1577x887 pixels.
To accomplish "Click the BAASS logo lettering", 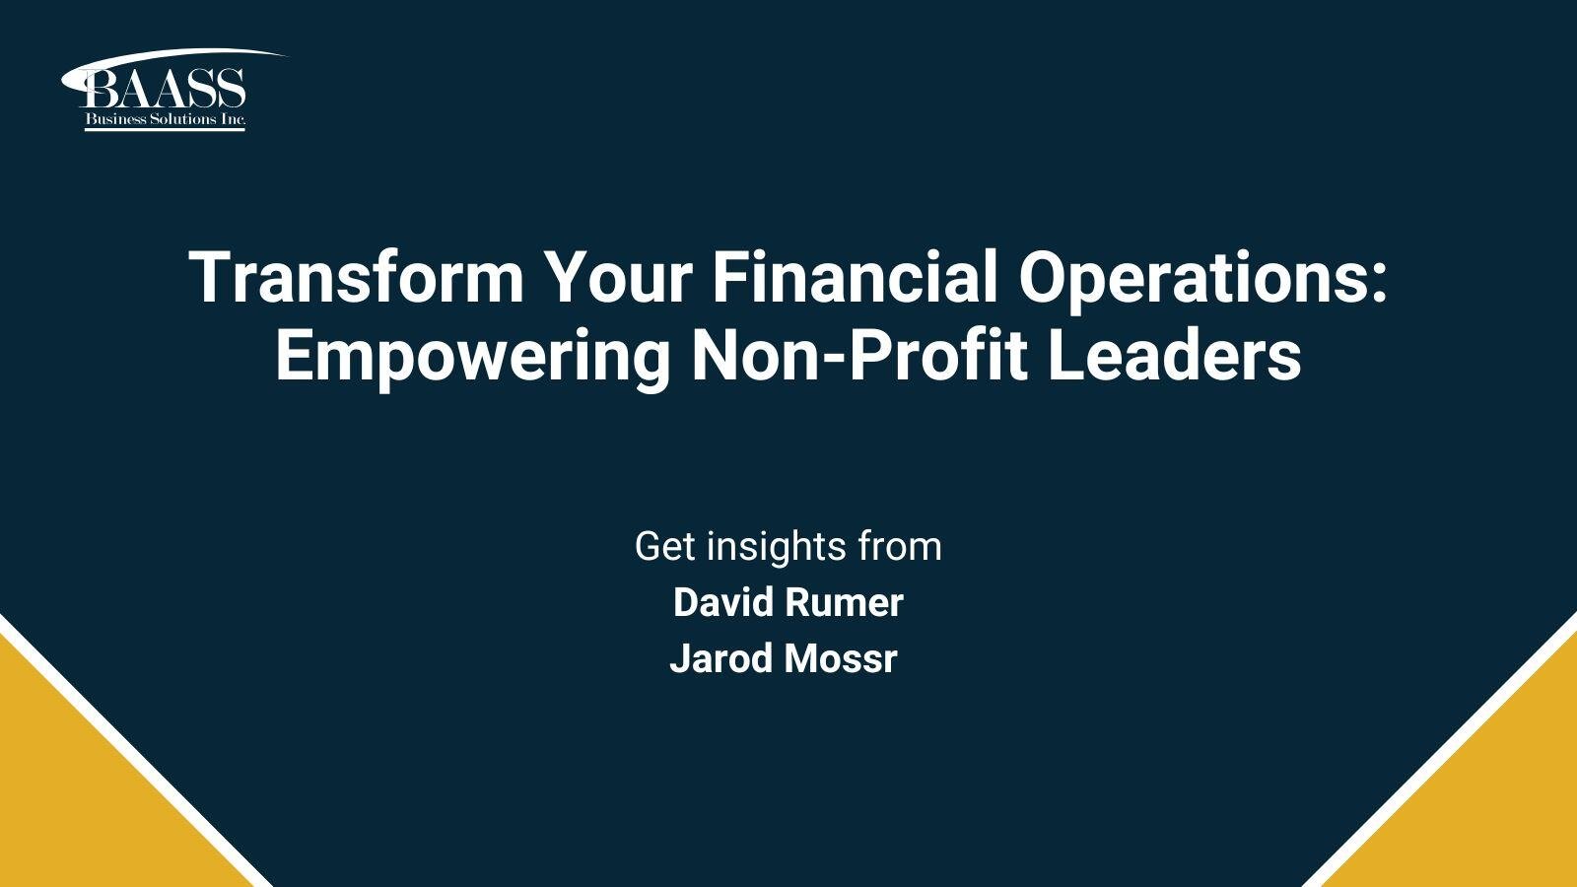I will coord(164,90).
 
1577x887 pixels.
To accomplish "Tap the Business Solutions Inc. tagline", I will coord(164,120).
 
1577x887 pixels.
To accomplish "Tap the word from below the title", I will coord(900,546).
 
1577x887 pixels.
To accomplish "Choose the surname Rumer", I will coord(854,603).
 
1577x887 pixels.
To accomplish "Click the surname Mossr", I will coord(841,658).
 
